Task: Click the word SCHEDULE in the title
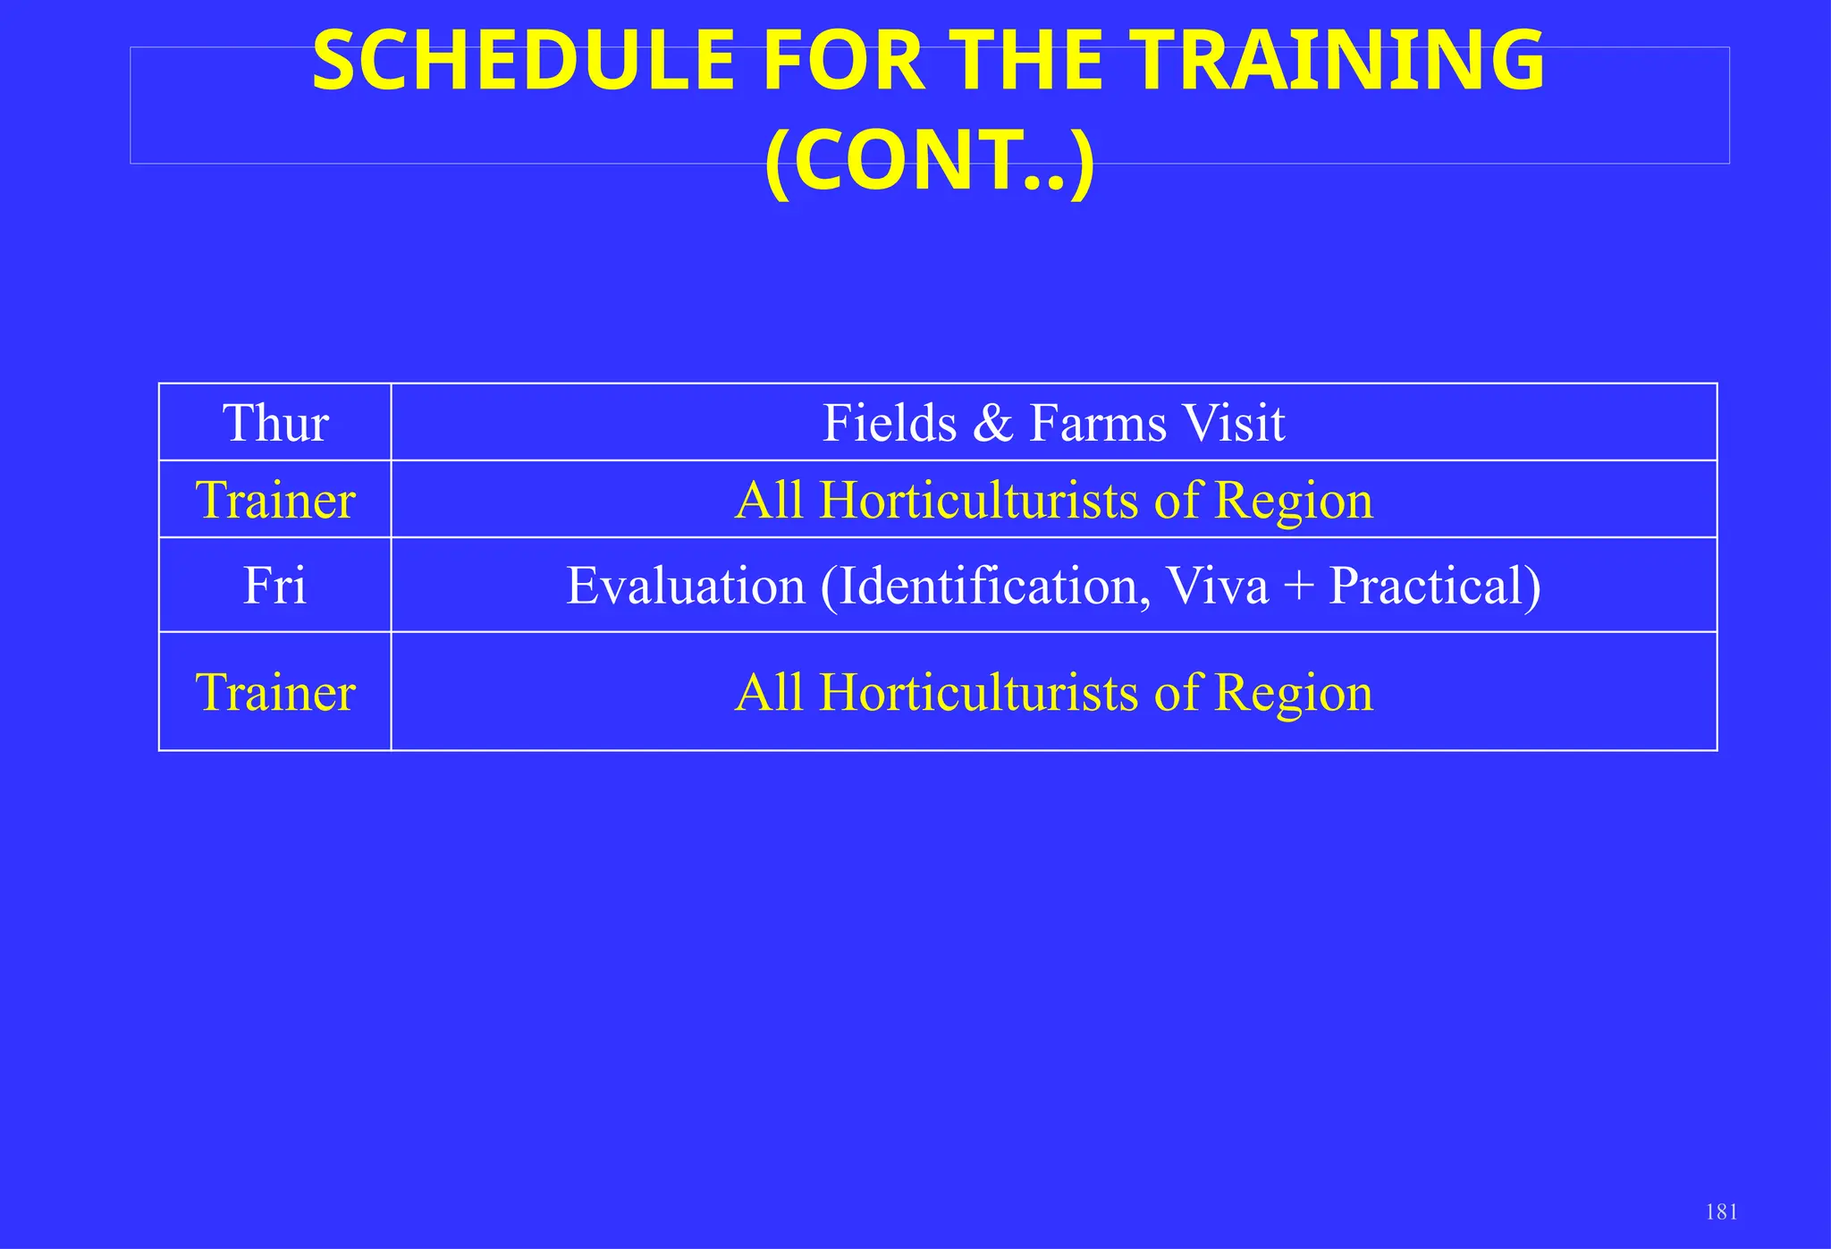[523, 63]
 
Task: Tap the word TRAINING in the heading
[1340, 63]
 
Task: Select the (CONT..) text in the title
[930, 161]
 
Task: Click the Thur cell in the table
[275, 423]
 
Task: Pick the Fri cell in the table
[275, 587]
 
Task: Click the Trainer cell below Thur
[275, 500]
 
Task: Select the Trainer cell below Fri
[275, 692]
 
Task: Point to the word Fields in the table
[889, 423]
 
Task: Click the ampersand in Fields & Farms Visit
[992, 424]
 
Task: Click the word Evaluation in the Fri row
[686, 587]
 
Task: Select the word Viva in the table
[1217, 587]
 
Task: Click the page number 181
[1721, 1212]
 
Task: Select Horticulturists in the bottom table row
[978, 692]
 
